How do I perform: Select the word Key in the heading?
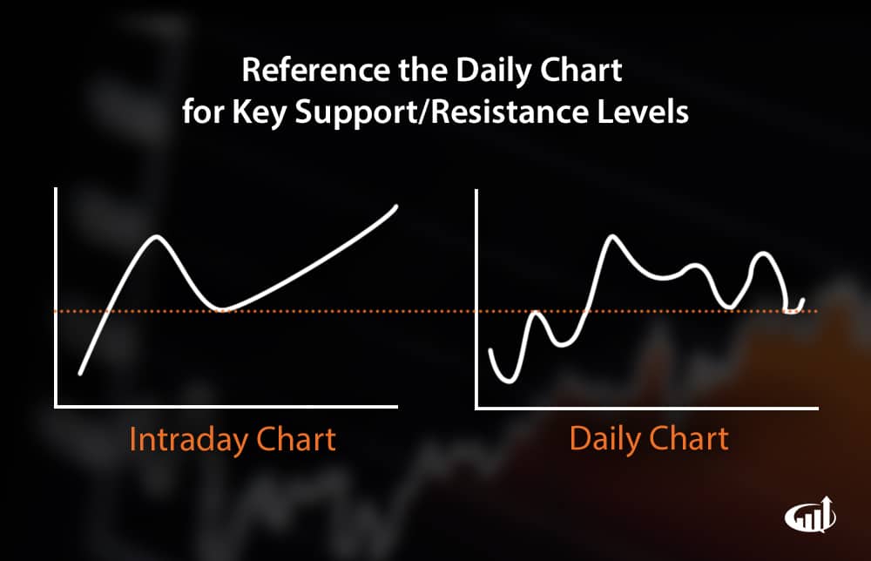click(x=259, y=112)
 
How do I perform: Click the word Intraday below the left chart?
click(x=188, y=439)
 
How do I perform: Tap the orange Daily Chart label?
click(x=649, y=438)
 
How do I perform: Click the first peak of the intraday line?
click(x=157, y=237)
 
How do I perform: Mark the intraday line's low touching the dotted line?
click(x=222, y=309)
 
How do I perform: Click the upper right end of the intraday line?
click(x=396, y=206)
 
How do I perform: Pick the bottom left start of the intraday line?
click(x=81, y=373)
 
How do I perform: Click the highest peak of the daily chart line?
click(x=612, y=237)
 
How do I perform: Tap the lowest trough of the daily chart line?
click(x=509, y=381)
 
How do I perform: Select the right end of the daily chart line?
click(x=803, y=300)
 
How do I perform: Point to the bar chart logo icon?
click(x=810, y=515)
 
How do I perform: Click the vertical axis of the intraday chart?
click(x=56, y=297)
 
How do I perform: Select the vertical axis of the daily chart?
click(x=476, y=299)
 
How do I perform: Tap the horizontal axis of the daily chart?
click(x=646, y=409)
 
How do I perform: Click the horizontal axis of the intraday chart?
click(x=226, y=407)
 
